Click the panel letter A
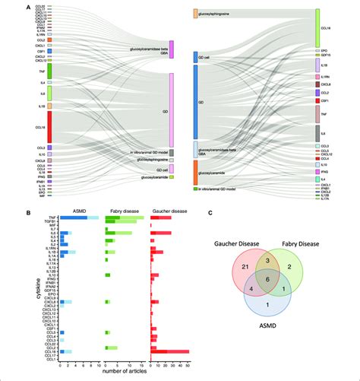coord(28,7)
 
